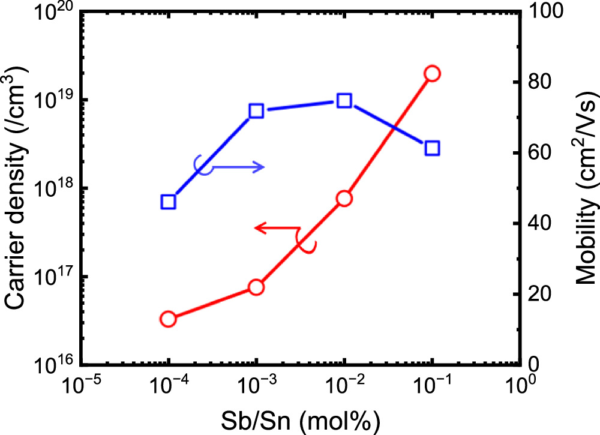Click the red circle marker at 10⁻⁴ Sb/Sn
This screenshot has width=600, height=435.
pyautogui.click(x=169, y=319)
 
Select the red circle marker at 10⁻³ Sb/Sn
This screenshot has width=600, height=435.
pyautogui.click(x=256, y=287)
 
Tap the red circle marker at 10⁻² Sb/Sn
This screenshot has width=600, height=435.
pyautogui.click(x=344, y=199)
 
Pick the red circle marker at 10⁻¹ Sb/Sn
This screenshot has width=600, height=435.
pyautogui.click(x=432, y=73)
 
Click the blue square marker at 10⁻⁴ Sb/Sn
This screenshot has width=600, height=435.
pyautogui.click(x=169, y=202)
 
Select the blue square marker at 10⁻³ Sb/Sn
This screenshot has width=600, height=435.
pyautogui.click(x=256, y=110)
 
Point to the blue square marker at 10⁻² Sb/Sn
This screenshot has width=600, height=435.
pyautogui.click(x=344, y=100)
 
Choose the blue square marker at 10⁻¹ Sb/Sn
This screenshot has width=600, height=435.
pyautogui.click(x=432, y=148)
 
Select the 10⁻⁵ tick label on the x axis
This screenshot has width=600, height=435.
pyautogui.click(x=82, y=384)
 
